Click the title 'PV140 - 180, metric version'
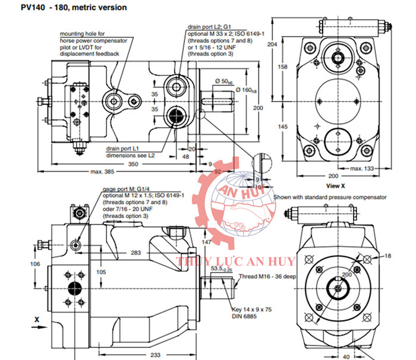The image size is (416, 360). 74,8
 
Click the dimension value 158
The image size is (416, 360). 283,67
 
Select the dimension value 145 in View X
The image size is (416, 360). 283,127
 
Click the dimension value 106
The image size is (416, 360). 36,264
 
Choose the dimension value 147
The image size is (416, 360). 207,242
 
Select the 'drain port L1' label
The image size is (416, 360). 122,148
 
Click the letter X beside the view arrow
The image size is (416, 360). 37,319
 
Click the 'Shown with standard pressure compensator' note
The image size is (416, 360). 330,197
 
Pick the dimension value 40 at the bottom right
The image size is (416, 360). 347,355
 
